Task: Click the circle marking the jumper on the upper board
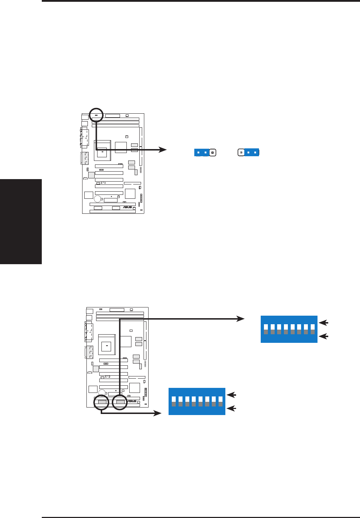96,115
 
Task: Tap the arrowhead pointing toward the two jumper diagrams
163,150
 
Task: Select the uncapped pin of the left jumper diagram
212,153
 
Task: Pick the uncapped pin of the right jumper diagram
241,152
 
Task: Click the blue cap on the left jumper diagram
202,153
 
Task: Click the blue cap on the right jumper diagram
252,152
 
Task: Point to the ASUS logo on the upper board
127,207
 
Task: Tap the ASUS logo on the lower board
132,401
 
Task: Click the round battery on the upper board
97,198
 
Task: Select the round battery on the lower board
102,393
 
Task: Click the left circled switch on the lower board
101,403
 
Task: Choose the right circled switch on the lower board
120,403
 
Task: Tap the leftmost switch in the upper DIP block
266,329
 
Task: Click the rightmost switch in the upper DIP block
312,329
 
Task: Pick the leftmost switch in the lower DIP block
174,401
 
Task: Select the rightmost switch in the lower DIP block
220,401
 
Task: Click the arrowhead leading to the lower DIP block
157,413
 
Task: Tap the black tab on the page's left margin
21,222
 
